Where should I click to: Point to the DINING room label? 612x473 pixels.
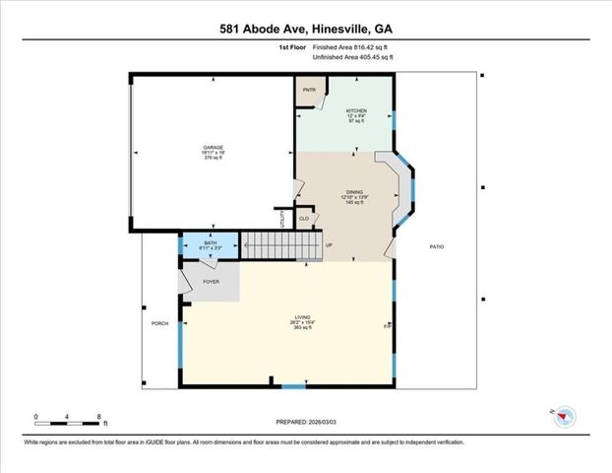354,192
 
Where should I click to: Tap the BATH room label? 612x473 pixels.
210,242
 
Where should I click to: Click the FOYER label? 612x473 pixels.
211,282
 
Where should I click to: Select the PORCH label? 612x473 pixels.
158,323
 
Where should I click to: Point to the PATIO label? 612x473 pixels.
436,246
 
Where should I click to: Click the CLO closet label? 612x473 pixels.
304,218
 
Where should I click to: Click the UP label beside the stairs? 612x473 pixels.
329,244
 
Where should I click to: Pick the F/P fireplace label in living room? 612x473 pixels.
387,324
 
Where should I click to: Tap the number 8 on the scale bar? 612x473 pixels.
99,418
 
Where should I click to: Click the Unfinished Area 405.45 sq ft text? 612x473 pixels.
352,58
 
